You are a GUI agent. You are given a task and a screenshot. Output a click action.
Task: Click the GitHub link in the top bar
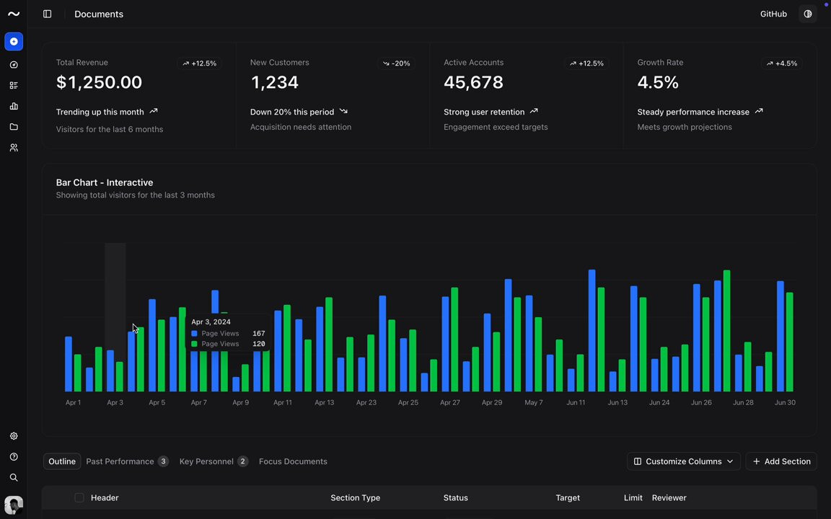click(x=773, y=14)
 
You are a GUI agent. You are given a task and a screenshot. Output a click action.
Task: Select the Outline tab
click(x=62, y=461)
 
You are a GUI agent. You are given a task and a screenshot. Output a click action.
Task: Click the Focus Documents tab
click(x=293, y=461)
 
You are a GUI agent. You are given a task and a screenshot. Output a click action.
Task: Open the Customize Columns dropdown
click(x=684, y=461)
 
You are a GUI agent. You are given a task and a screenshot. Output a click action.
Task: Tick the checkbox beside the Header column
click(x=79, y=498)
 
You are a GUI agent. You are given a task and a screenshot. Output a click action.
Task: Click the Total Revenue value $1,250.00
click(x=99, y=82)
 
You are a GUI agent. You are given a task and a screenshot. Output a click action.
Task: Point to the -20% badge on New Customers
click(x=397, y=63)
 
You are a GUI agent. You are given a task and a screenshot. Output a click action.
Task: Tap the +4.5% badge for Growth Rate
click(x=782, y=63)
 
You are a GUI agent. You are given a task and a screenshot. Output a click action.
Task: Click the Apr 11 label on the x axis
click(x=283, y=402)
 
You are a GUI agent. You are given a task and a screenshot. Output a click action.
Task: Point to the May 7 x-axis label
click(x=534, y=402)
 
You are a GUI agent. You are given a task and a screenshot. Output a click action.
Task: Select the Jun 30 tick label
click(x=785, y=402)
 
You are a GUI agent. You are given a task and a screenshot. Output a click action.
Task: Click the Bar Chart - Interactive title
click(x=105, y=182)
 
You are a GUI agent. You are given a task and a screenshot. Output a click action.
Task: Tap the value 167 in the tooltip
click(x=259, y=334)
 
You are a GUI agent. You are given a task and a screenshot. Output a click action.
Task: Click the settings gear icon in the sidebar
click(x=14, y=436)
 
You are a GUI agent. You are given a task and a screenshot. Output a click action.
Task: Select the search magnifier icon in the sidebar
click(x=14, y=477)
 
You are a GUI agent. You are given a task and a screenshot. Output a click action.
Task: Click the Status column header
click(x=456, y=498)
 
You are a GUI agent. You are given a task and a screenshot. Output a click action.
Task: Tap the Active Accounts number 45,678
click(x=473, y=82)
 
